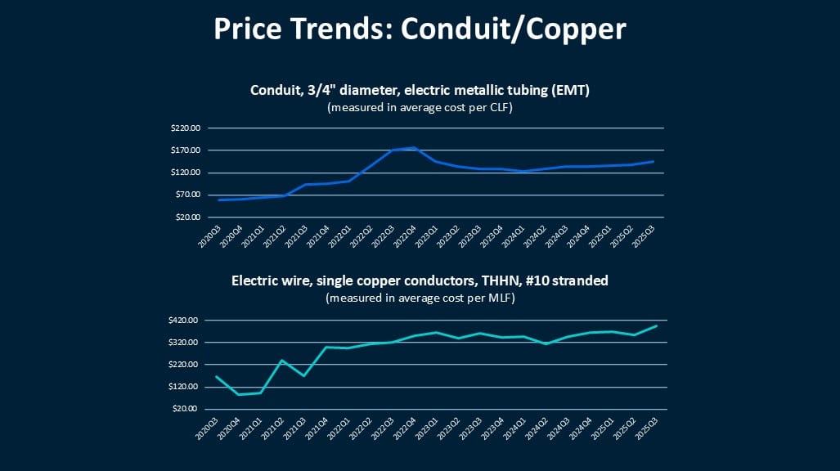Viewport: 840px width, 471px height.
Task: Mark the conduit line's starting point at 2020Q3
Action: coord(218,200)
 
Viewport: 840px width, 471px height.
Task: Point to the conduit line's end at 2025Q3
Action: coord(654,161)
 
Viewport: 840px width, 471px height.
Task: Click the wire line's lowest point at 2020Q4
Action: coord(240,394)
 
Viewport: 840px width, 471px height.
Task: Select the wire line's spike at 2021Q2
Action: coord(282,360)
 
